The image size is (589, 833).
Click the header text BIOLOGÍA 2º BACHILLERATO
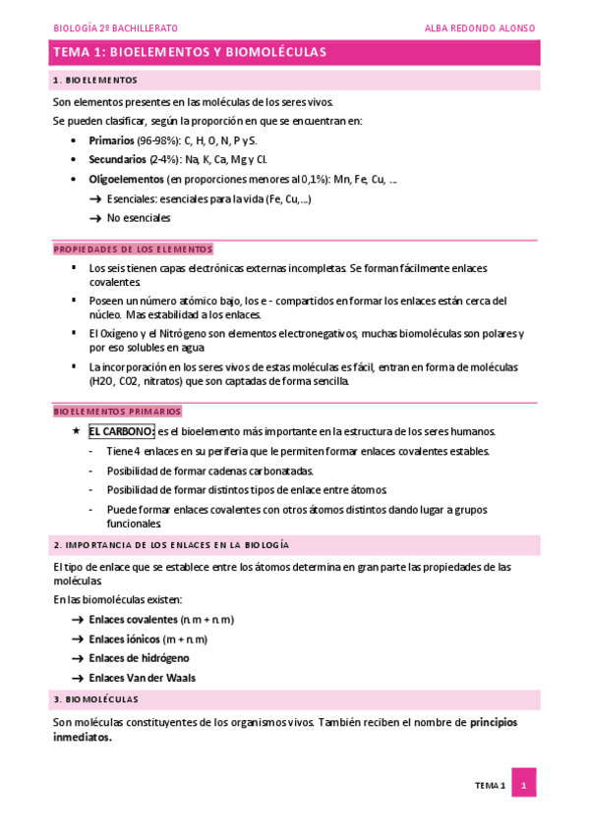pos(115,28)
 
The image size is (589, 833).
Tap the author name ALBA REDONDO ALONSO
pos(479,28)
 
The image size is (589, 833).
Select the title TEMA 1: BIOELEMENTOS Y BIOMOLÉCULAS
pos(190,52)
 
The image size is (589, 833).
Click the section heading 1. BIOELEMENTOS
pos(95,80)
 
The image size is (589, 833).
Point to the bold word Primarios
pos(111,140)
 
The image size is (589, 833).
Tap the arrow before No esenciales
pos(95,218)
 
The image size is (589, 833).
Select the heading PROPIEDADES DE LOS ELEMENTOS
pos(133,250)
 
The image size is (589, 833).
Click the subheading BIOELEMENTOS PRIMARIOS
pos(117,412)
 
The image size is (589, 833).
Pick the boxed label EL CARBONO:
pos(121,431)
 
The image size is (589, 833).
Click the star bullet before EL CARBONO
pos(76,431)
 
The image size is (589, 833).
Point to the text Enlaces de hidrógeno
pos(139,658)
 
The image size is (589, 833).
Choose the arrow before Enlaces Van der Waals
pos(78,678)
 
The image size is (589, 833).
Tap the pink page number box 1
pos(524,785)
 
